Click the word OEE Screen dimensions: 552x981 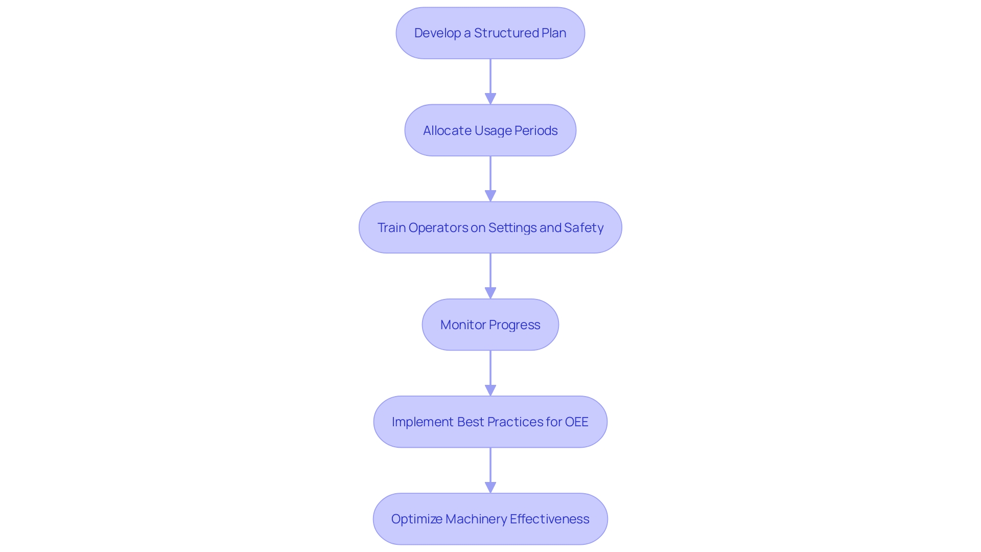[x=576, y=422]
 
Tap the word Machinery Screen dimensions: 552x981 [x=476, y=519]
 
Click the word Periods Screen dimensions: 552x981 [x=536, y=131]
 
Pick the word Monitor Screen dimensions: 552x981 [x=463, y=325]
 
